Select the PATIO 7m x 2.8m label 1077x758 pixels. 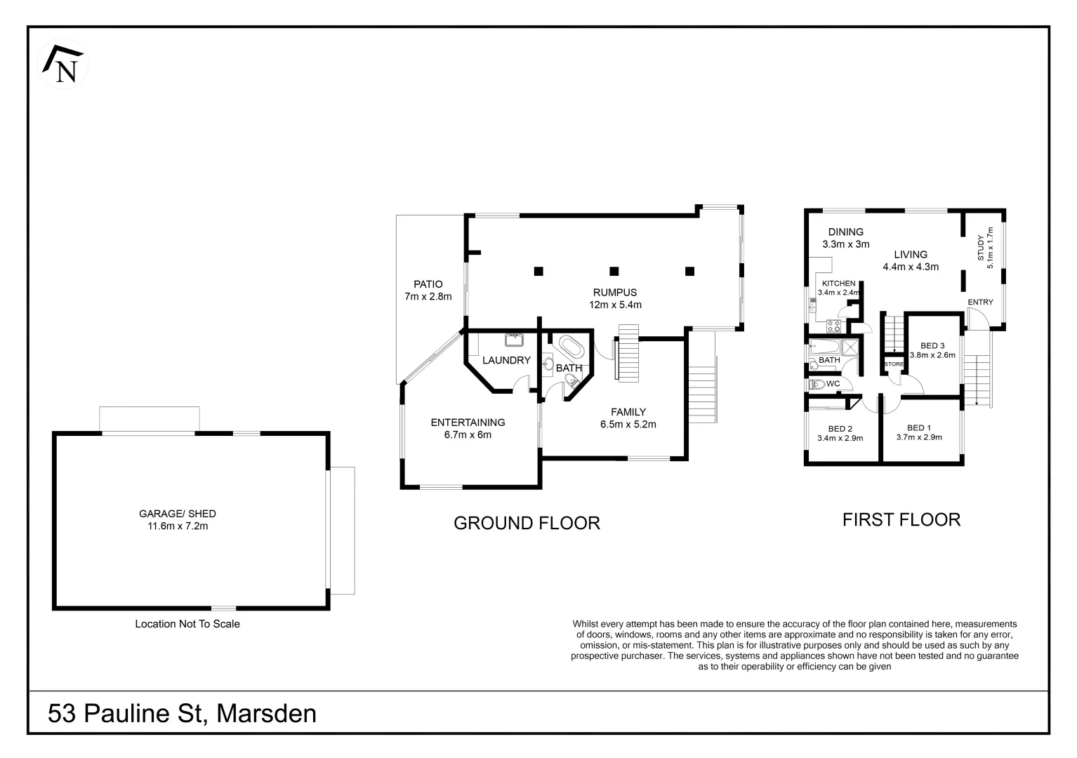[x=428, y=290]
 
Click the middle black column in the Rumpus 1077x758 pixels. [x=614, y=270]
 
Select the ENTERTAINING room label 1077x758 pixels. [x=468, y=423]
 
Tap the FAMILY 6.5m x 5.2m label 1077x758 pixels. [x=628, y=418]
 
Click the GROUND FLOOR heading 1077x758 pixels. [x=527, y=523]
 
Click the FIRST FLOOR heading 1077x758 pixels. [x=901, y=519]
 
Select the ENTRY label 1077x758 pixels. [x=980, y=302]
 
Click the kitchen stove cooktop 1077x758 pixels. [x=834, y=326]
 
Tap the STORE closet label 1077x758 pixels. [x=894, y=364]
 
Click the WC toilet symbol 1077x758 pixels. [x=817, y=385]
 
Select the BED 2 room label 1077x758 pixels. [x=840, y=429]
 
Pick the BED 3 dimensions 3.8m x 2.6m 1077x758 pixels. [x=932, y=355]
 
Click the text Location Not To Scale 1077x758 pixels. [x=187, y=624]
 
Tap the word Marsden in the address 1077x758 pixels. [x=266, y=714]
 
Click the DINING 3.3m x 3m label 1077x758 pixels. [x=845, y=238]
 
